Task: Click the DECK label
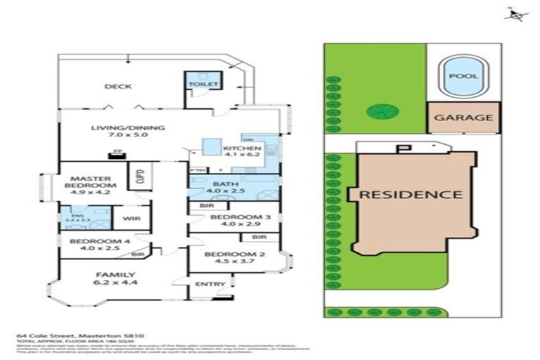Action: point(118,86)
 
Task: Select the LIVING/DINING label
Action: point(127,128)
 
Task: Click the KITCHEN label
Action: point(243,148)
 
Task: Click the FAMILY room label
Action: point(117,274)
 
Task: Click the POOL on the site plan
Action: point(463,76)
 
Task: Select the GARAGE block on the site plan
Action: point(463,117)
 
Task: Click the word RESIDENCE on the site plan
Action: point(411,195)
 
